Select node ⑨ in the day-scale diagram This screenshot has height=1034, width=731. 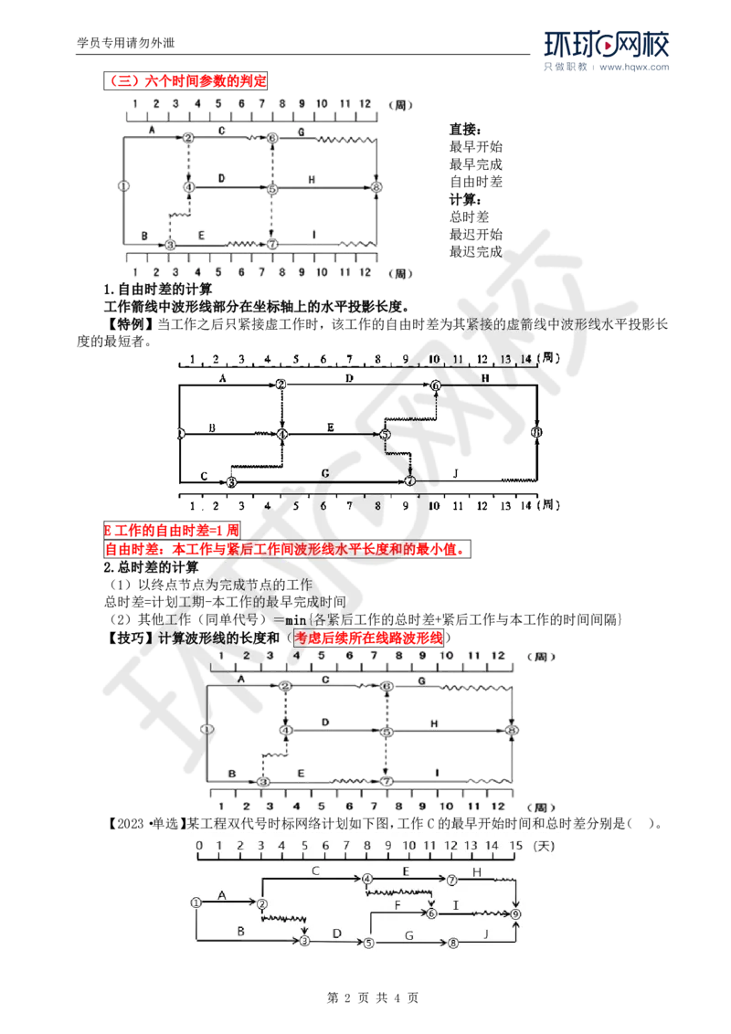(x=516, y=913)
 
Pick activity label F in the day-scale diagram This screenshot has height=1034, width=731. (x=398, y=903)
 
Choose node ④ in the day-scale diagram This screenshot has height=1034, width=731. (x=367, y=880)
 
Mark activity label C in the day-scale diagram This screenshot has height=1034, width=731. (x=315, y=870)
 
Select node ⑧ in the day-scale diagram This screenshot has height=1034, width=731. (x=453, y=942)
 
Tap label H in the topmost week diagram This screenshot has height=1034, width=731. (x=312, y=179)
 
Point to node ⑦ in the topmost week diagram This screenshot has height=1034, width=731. (x=272, y=245)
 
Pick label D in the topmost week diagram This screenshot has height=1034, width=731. (x=221, y=175)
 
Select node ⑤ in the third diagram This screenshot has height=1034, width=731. (x=387, y=732)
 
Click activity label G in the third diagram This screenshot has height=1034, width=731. (x=421, y=681)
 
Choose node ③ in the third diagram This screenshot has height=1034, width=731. (x=263, y=783)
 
